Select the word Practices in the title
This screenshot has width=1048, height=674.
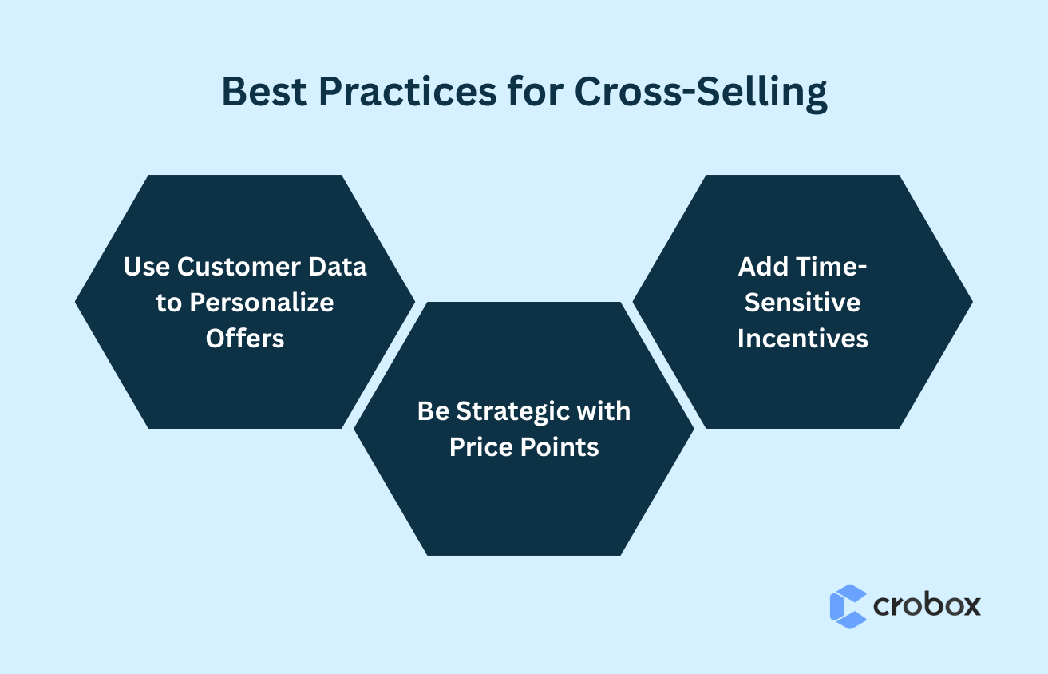pos(406,93)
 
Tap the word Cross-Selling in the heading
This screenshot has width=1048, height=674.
pos(700,93)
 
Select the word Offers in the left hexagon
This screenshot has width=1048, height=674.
pos(245,338)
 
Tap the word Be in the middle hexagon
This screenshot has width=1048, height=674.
pos(433,411)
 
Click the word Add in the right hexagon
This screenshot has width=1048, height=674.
pos(764,267)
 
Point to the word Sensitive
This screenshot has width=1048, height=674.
pos(802,303)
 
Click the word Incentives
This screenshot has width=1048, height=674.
pos(802,338)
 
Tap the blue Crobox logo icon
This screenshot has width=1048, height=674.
pos(848,606)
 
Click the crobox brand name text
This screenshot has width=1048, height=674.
pos(927,605)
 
